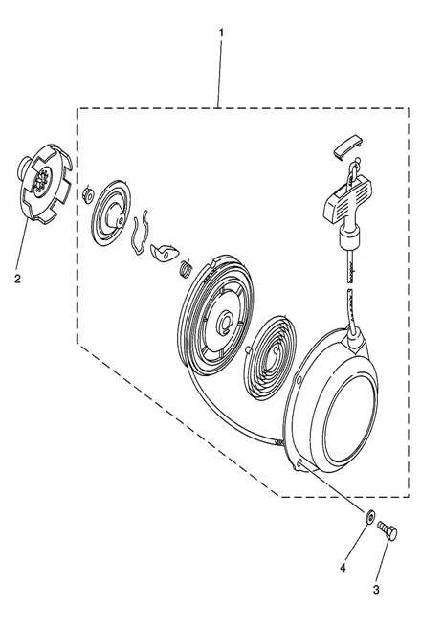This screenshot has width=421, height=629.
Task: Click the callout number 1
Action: [x=221, y=33]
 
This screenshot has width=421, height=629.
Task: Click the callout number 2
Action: [x=17, y=279]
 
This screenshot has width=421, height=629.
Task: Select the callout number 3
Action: [x=376, y=590]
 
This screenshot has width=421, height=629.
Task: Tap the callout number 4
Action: [x=343, y=568]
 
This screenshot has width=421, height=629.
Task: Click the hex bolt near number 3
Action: [x=388, y=530]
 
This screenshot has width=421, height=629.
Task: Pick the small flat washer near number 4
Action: [x=370, y=516]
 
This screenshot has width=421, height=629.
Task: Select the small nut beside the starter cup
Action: [x=87, y=196]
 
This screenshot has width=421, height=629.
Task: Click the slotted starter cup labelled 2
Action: [x=44, y=182]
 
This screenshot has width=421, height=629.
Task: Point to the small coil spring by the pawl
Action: [x=185, y=268]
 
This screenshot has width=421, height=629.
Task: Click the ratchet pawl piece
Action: [x=164, y=253]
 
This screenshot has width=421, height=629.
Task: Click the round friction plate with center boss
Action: [x=111, y=213]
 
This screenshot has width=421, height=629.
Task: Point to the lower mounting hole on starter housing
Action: [x=300, y=463]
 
